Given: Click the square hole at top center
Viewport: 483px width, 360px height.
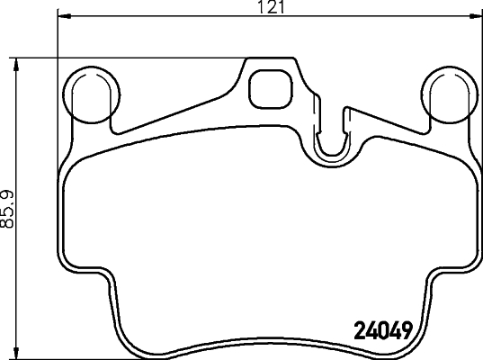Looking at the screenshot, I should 266,87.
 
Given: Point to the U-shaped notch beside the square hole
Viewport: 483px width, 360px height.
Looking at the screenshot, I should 334,135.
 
